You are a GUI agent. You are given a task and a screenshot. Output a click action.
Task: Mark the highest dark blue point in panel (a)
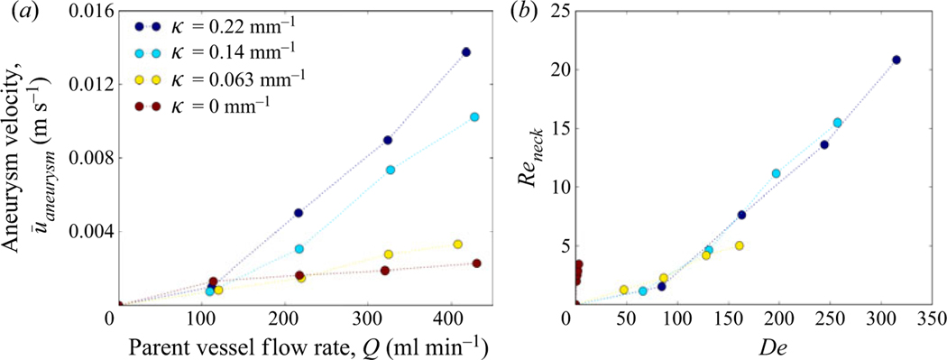click(466, 52)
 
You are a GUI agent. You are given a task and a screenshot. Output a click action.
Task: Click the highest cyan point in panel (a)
click(474, 117)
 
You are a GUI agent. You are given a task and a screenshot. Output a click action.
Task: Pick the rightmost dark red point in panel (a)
click(476, 263)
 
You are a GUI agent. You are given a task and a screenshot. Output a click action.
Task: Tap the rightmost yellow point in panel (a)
click(457, 245)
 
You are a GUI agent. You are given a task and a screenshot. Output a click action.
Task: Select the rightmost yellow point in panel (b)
click(739, 245)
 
